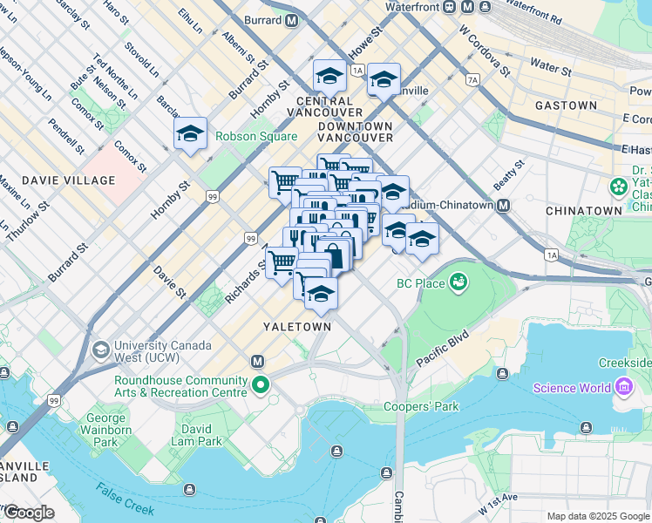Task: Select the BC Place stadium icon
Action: pyautogui.click(x=458, y=282)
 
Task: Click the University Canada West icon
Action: pyautogui.click(x=100, y=350)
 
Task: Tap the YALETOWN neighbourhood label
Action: pyautogui.click(x=297, y=326)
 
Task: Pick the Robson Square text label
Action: pyautogui.click(x=256, y=136)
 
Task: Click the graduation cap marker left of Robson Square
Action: pyautogui.click(x=190, y=134)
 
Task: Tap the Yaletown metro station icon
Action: pyautogui.click(x=258, y=361)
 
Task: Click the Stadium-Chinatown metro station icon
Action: pyautogui.click(x=503, y=206)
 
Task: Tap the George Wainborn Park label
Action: pyautogui.click(x=105, y=431)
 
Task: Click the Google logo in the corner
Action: pyautogui.click(x=29, y=513)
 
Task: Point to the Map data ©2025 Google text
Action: pyautogui.click(x=598, y=516)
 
